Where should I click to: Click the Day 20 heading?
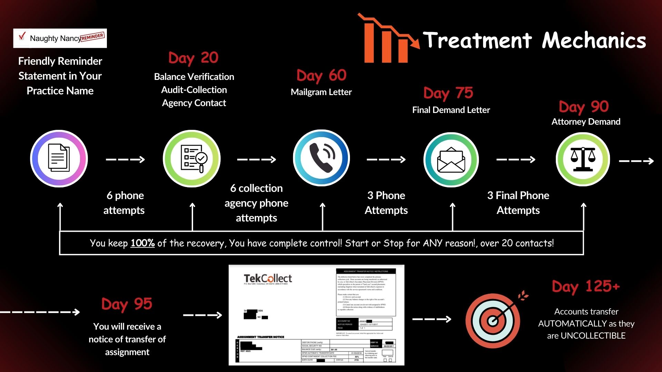point(193,58)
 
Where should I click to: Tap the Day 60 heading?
point(321,75)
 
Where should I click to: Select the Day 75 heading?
point(448,93)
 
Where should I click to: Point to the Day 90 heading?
point(584,107)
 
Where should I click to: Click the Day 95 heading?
point(127,304)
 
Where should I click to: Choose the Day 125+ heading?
point(586,287)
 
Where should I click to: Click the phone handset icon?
point(322,158)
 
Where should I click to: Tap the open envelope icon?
point(451,159)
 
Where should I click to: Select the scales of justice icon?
point(583,159)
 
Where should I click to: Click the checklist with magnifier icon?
point(192,158)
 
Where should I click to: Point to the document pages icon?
point(59,158)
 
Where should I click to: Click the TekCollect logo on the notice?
point(268,278)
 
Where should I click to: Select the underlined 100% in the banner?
point(142,243)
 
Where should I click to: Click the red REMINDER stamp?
point(92,37)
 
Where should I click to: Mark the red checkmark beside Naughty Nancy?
point(22,36)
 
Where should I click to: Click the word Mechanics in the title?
point(594,41)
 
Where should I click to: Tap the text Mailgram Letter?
point(321,92)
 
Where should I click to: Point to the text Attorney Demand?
point(586,122)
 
